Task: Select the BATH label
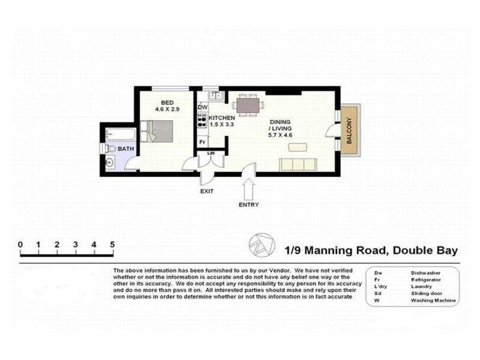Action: (126, 148)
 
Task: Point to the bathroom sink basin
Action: (110, 161)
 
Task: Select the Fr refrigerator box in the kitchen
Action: (202, 142)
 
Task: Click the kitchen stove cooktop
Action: (202, 121)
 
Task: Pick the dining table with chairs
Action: (249, 106)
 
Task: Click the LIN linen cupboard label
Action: (211, 154)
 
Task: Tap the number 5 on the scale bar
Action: (112, 244)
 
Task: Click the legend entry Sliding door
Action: (426, 293)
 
